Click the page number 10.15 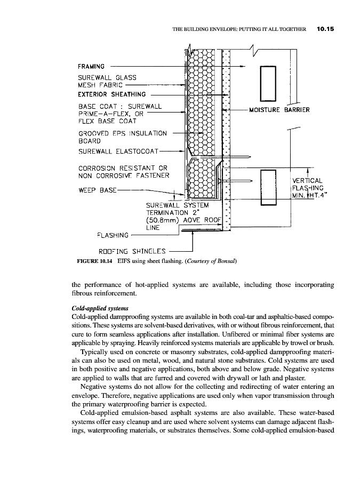click(324, 29)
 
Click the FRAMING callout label click(91, 67)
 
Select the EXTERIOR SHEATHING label click(111, 94)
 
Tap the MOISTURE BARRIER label click(279, 110)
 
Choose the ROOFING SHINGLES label click(133, 251)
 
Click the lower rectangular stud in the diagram click(267, 187)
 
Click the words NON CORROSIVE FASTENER click(124, 175)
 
